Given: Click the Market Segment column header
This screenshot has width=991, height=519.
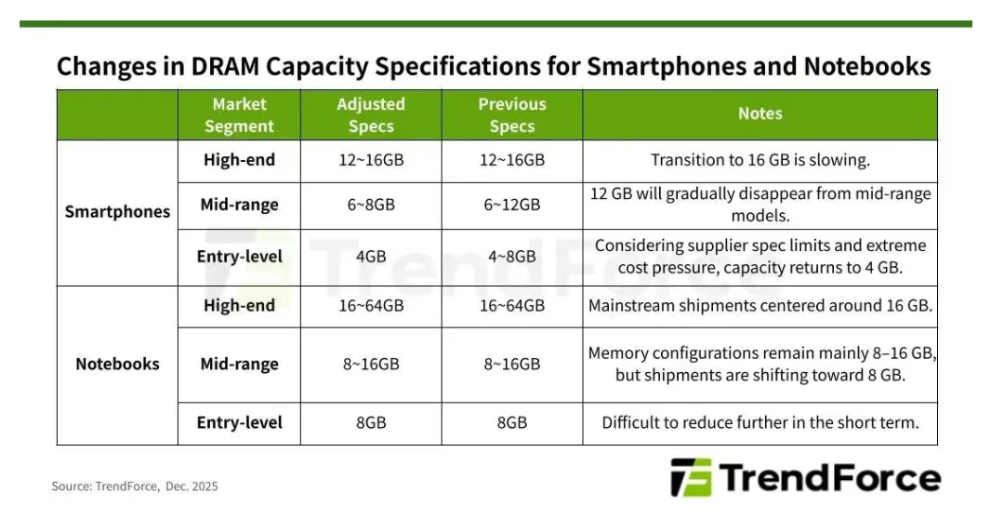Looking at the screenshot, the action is coord(239,115).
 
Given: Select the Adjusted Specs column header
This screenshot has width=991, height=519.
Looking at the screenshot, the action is coord(371,115).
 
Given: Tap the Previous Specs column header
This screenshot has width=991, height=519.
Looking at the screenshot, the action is coord(512,115).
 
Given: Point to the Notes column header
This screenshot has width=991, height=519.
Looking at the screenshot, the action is coord(760,113).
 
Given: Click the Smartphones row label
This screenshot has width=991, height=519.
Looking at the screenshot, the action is coord(117,212).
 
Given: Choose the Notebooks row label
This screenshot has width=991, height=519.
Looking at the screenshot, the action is coord(117,364).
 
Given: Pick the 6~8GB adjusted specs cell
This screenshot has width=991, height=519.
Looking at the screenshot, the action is coord(371,205).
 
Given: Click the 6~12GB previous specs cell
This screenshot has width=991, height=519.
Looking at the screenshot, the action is coord(512,205).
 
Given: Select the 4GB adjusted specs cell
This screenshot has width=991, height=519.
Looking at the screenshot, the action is coord(371,257).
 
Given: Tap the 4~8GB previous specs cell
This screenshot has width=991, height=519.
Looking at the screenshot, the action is coord(512,257).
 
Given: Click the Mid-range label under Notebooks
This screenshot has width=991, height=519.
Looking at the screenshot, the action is coord(239,365).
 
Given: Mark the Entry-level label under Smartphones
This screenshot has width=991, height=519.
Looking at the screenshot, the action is coord(239,258).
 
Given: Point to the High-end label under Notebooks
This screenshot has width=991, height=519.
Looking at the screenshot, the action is coord(239,306).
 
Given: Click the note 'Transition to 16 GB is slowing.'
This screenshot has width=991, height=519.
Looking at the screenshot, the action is coord(760,160).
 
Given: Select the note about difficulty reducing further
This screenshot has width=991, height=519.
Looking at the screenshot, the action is coord(760,423).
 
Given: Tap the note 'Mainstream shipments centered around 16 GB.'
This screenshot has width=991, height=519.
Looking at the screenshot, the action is coord(760,306).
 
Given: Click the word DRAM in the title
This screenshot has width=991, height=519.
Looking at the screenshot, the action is coord(225,66).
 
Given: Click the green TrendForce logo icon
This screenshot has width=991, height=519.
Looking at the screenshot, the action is coord(691,477).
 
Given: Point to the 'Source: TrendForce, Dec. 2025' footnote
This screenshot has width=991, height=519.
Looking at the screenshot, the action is coord(135,486).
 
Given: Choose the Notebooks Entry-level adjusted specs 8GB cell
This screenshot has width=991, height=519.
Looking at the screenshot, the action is coord(371,423).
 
